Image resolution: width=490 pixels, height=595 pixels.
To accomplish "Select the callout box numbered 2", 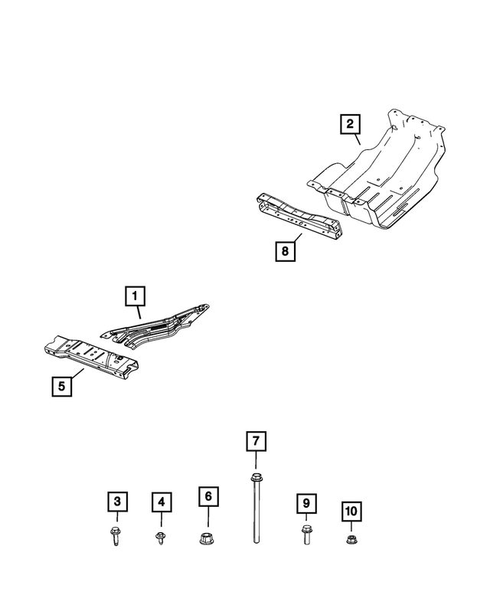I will pyautogui.click(x=349, y=123).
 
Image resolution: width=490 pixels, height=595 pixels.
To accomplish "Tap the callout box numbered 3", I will pyautogui.click(x=116, y=502).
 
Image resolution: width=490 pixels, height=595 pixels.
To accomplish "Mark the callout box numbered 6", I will pyautogui.click(x=206, y=495).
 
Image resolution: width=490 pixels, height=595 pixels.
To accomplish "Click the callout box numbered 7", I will pyautogui.click(x=255, y=442).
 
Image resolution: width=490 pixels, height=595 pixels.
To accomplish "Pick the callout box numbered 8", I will pyautogui.click(x=283, y=250).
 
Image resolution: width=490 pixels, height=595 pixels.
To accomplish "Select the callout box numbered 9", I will pyautogui.click(x=305, y=503).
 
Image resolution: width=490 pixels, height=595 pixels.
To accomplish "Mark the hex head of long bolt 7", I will pyautogui.click(x=255, y=479).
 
